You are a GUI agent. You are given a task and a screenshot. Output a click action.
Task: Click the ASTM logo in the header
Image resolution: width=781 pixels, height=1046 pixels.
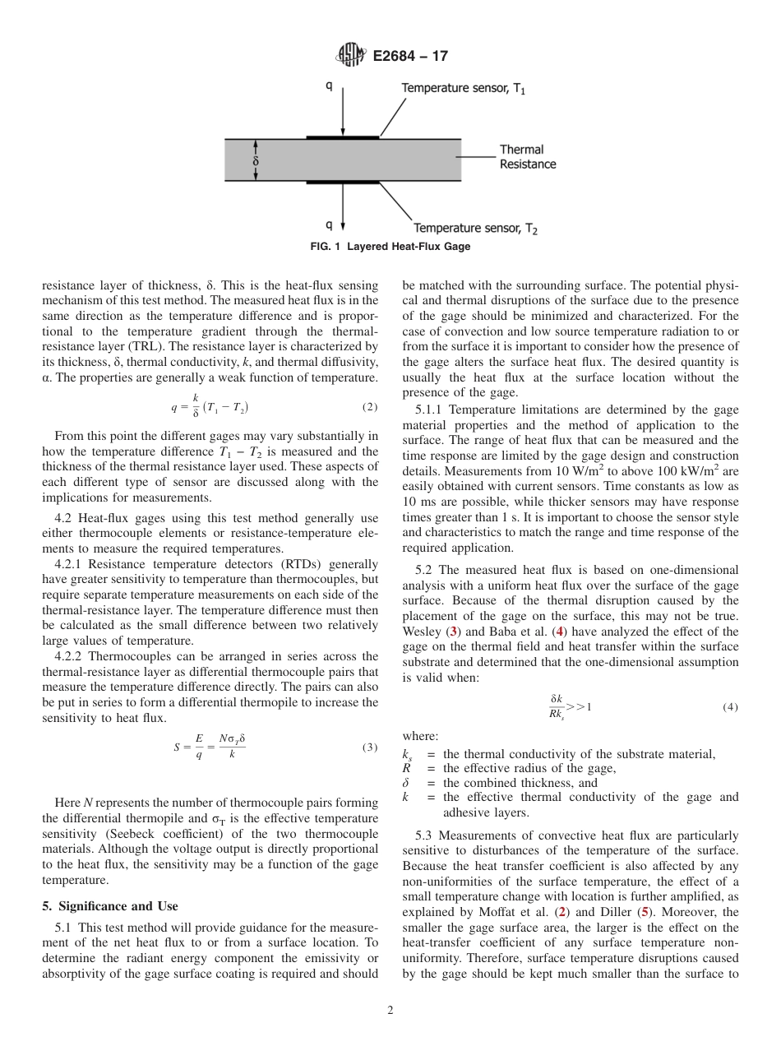pyautogui.click(x=350, y=56)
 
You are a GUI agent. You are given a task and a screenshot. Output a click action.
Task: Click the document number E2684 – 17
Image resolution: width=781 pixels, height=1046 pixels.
pyautogui.click(x=411, y=57)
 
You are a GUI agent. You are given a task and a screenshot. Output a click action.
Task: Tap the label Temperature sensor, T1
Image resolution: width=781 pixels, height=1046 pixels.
pyautogui.click(x=464, y=88)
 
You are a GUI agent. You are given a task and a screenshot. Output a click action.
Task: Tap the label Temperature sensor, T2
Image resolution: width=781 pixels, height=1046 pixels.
pyautogui.click(x=475, y=228)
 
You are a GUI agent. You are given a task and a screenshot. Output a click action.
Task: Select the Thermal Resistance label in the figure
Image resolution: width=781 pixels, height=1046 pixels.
pyautogui.click(x=528, y=157)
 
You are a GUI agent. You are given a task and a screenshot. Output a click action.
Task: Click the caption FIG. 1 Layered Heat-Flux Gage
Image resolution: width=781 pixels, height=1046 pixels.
pyautogui.click(x=390, y=247)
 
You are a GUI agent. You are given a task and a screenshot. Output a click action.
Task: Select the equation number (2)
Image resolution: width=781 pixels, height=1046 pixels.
pyautogui.click(x=370, y=408)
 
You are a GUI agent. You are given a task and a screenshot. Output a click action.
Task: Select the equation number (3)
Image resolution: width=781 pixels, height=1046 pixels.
pyautogui.click(x=370, y=724)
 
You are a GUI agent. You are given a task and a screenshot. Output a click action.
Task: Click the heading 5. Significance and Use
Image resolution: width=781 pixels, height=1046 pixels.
pyautogui.click(x=109, y=906)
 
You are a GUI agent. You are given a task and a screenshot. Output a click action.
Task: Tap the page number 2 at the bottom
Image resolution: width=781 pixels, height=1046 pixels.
pyautogui.click(x=390, y=1011)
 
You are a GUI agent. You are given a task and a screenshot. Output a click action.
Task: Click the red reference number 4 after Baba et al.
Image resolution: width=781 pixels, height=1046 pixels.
pyautogui.click(x=560, y=631)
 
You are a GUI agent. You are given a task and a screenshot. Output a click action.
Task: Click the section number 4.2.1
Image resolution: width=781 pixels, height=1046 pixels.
pyautogui.click(x=70, y=564)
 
